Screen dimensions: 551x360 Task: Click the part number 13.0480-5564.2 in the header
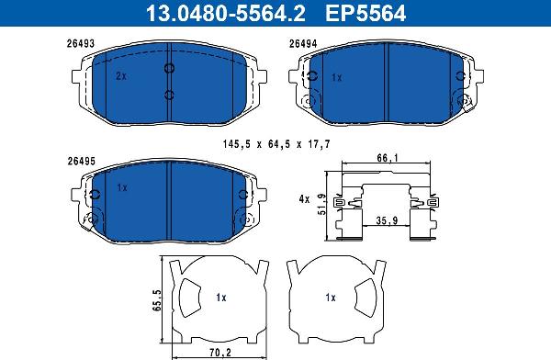coord(225,14)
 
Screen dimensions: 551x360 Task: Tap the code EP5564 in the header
coord(365,14)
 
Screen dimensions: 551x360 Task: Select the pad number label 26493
coord(81,43)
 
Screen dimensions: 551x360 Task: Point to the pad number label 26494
coord(303,43)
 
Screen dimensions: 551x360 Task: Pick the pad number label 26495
coord(81,161)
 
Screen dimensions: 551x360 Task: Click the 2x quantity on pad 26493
coord(121,76)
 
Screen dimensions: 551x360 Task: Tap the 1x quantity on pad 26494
coord(337,78)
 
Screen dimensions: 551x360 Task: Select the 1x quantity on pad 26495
coord(122,187)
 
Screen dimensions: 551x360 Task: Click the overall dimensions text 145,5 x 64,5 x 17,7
coord(276,144)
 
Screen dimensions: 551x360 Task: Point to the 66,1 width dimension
coord(388,158)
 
